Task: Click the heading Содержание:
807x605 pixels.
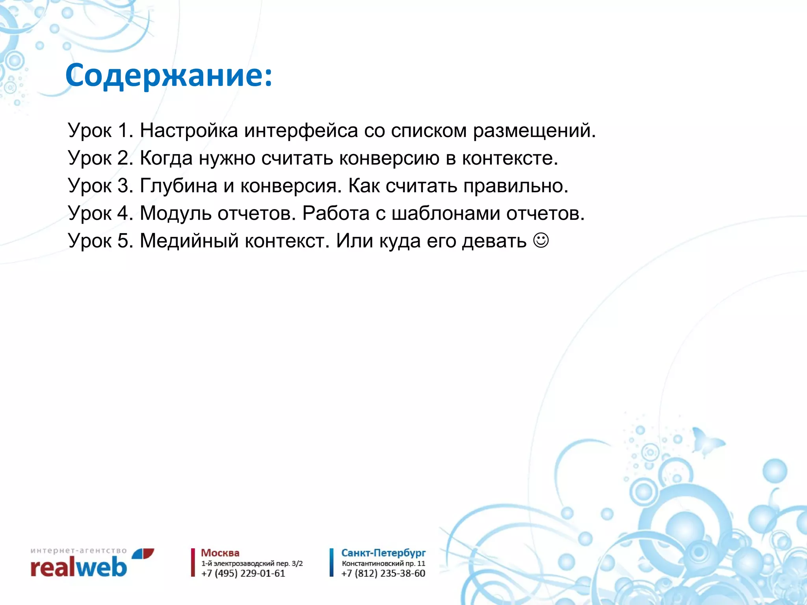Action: (169, 76)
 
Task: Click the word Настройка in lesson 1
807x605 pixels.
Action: (189, 130)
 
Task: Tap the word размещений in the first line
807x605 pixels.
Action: (534, 130)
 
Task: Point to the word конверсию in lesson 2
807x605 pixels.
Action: (389, 158)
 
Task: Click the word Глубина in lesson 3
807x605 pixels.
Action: (179, 186)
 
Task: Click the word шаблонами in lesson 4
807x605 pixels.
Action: (446, 213)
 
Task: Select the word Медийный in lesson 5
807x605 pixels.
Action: (189, 241)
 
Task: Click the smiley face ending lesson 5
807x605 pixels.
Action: (541, 240)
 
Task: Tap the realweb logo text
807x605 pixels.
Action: (79, 568)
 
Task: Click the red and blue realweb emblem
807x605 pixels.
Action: (143, 553)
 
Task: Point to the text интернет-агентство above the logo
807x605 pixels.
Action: (78, 550)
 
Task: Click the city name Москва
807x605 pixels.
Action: (220, 553)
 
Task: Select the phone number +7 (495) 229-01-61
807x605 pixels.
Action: (243, 573)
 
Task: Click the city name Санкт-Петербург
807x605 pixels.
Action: (383, 553)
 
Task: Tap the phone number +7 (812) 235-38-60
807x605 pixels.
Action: (383, 573)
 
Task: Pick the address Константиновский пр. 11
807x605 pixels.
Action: (383, 563)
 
